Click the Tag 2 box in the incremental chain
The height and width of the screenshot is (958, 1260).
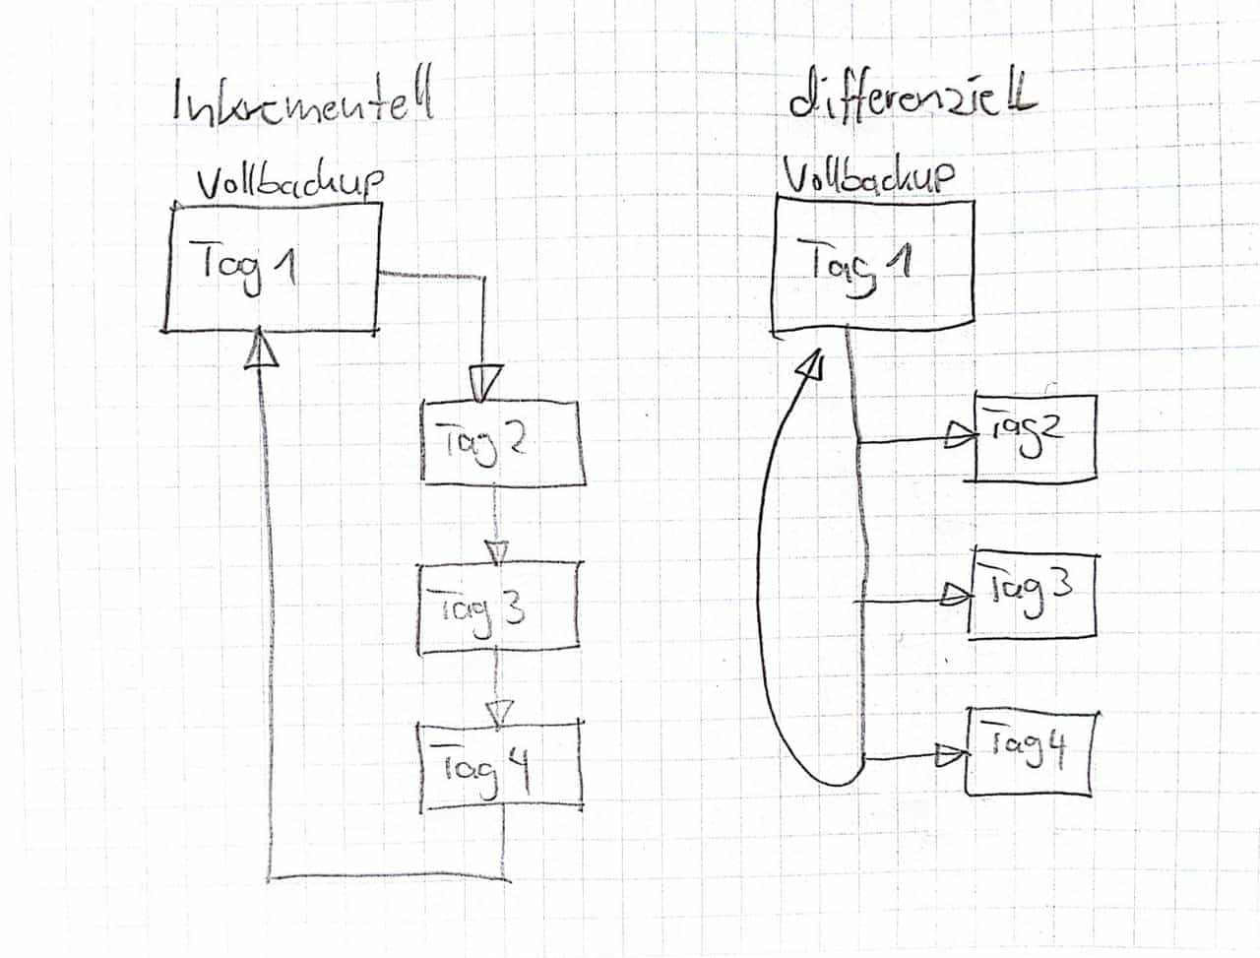[x=502, y=442]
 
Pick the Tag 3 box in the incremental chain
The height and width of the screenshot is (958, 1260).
[x=500, y=608]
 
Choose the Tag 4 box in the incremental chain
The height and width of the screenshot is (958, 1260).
[x=500, y=767]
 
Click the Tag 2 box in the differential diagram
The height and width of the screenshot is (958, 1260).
[x=1035, y=437]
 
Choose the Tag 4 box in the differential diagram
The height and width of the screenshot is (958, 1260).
[x=1030, y=751]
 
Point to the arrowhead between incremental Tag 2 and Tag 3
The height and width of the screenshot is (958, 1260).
[x=498, y=551]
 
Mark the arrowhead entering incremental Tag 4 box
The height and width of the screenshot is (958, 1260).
[x=501, y=711]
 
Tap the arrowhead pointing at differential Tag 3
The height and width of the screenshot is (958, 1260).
[x=955, y=594]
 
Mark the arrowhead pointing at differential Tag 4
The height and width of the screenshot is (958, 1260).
[x=952, y=754]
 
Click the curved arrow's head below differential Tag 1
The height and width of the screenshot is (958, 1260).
[x=812, y=364]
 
